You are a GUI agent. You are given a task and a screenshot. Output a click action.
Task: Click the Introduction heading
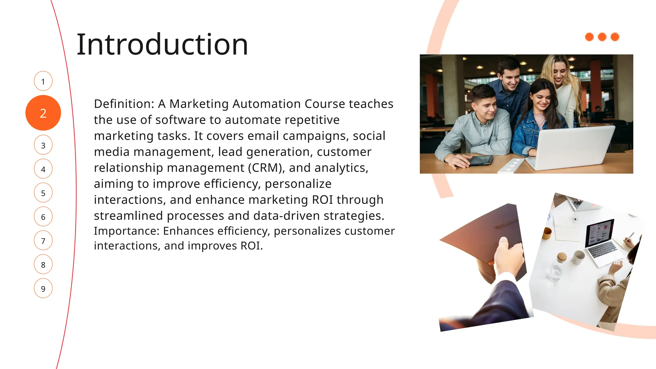click(162, 45)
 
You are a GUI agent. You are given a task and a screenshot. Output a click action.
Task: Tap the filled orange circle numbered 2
click(43, 113)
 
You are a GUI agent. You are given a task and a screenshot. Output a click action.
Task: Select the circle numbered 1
click(43, 81)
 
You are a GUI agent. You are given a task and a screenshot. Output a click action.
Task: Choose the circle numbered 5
click(43, 193)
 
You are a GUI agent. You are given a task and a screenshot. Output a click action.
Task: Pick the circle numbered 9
click(43, 288)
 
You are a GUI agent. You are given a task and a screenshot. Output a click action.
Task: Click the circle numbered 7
click(43, 241)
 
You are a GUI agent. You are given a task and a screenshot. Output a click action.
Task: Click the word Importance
click(126, 231)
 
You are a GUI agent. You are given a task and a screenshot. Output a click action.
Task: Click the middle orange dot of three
click(602, 37)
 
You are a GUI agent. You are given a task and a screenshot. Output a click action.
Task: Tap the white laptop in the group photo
click(573, 147)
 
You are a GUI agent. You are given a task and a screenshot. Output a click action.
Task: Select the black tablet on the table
click(480, 160)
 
